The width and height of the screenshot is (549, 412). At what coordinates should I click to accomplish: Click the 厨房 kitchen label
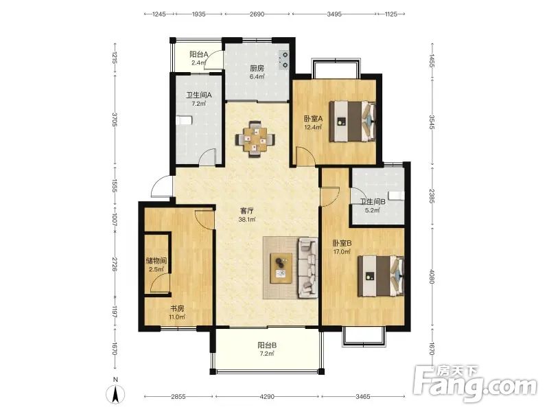(x=257, y=68)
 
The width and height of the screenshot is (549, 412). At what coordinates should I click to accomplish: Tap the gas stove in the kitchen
(x=284, y=60)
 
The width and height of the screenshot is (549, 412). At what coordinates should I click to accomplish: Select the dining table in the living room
(x=255, y=139)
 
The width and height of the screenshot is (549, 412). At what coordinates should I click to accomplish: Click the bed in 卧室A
(x=353, y=122)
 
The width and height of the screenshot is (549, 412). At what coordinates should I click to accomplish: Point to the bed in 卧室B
(x=381, y=276)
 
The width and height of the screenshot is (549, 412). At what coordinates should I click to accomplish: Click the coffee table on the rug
(x=281, y=268)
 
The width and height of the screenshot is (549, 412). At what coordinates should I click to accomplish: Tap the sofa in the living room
(x=307, y=268)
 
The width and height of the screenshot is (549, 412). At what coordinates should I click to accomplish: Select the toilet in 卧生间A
(x=184, y=121)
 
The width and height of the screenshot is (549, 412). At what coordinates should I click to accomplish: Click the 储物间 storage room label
(x=156, y=261)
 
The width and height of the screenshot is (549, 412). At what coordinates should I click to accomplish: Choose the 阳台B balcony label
(x=267, y=345)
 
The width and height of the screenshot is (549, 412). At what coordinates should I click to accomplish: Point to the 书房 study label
(x=177, y=308)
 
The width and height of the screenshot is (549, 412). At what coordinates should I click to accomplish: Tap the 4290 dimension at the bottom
(x=267, y=397)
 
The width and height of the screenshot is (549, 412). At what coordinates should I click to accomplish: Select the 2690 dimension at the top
(x=257, y=14)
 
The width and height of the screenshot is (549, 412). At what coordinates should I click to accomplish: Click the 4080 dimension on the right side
(x=432, y=277)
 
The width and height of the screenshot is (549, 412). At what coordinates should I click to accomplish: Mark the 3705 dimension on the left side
(x=115, y=119)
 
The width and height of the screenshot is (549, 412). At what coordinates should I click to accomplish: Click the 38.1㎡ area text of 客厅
(x=247, y=220)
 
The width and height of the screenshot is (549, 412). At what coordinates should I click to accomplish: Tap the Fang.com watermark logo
(x=474, y=383)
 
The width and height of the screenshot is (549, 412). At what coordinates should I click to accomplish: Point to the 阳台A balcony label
(x=199, y=54)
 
